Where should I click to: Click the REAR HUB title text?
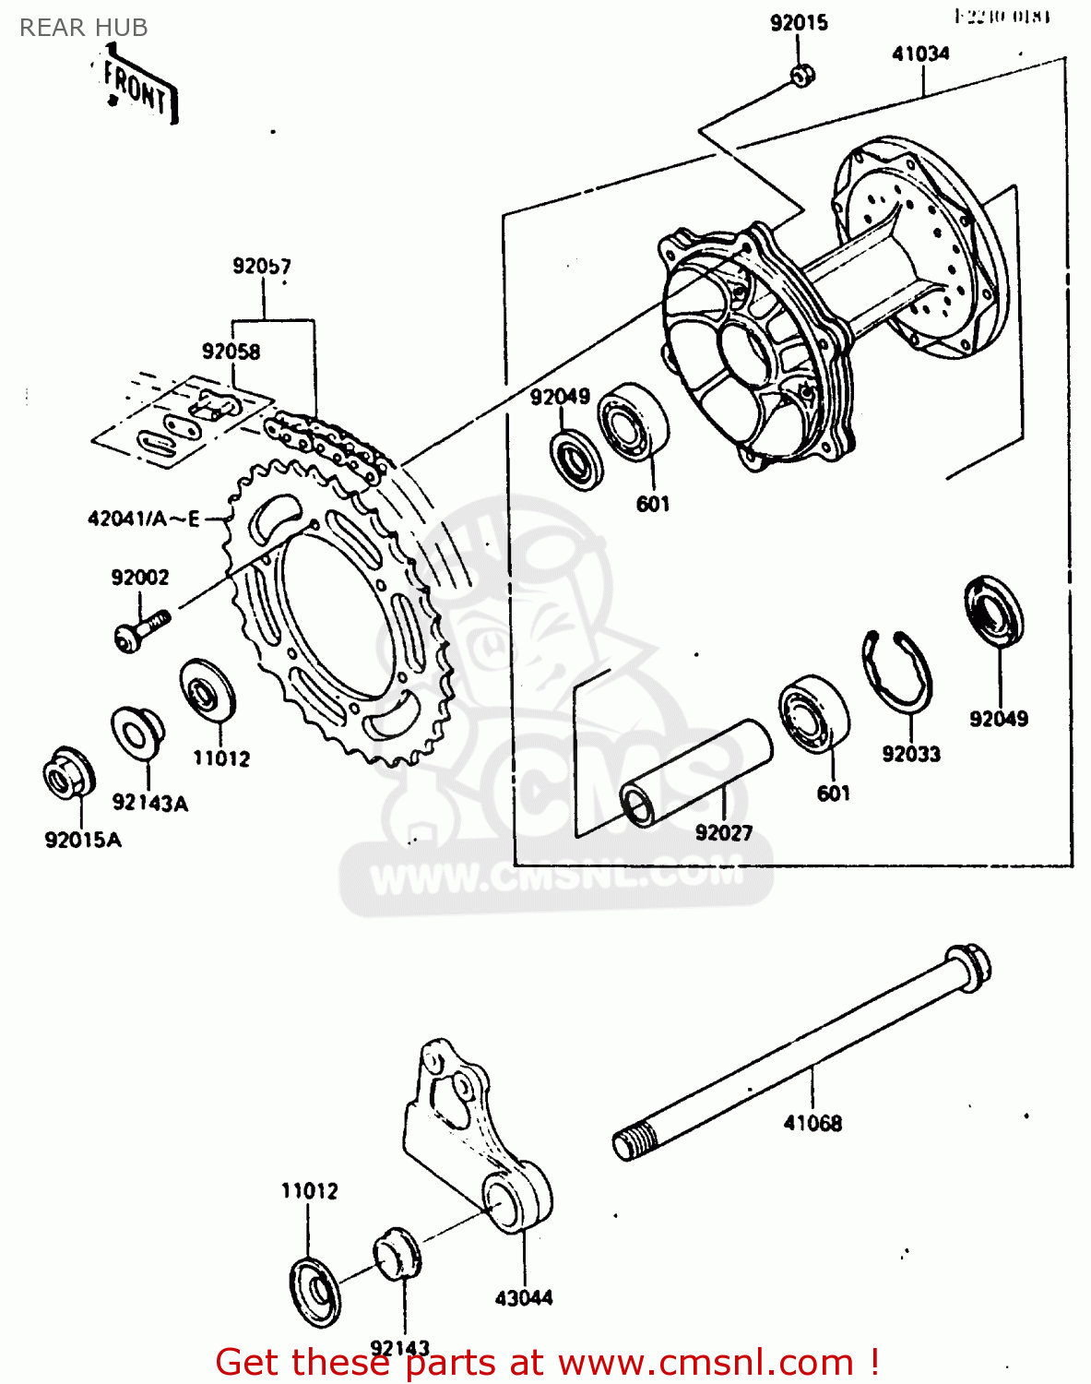point(83,28)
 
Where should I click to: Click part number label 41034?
point(919,54)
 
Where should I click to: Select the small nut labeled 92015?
point(800,75)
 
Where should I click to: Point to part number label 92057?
point(261,267)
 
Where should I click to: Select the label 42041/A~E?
point(143,519)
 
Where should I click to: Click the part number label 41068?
point(812,1123)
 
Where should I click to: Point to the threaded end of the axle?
point(634,1142)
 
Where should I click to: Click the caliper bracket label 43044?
point(523,1297)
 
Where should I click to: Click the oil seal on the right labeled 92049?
point(994,610)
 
